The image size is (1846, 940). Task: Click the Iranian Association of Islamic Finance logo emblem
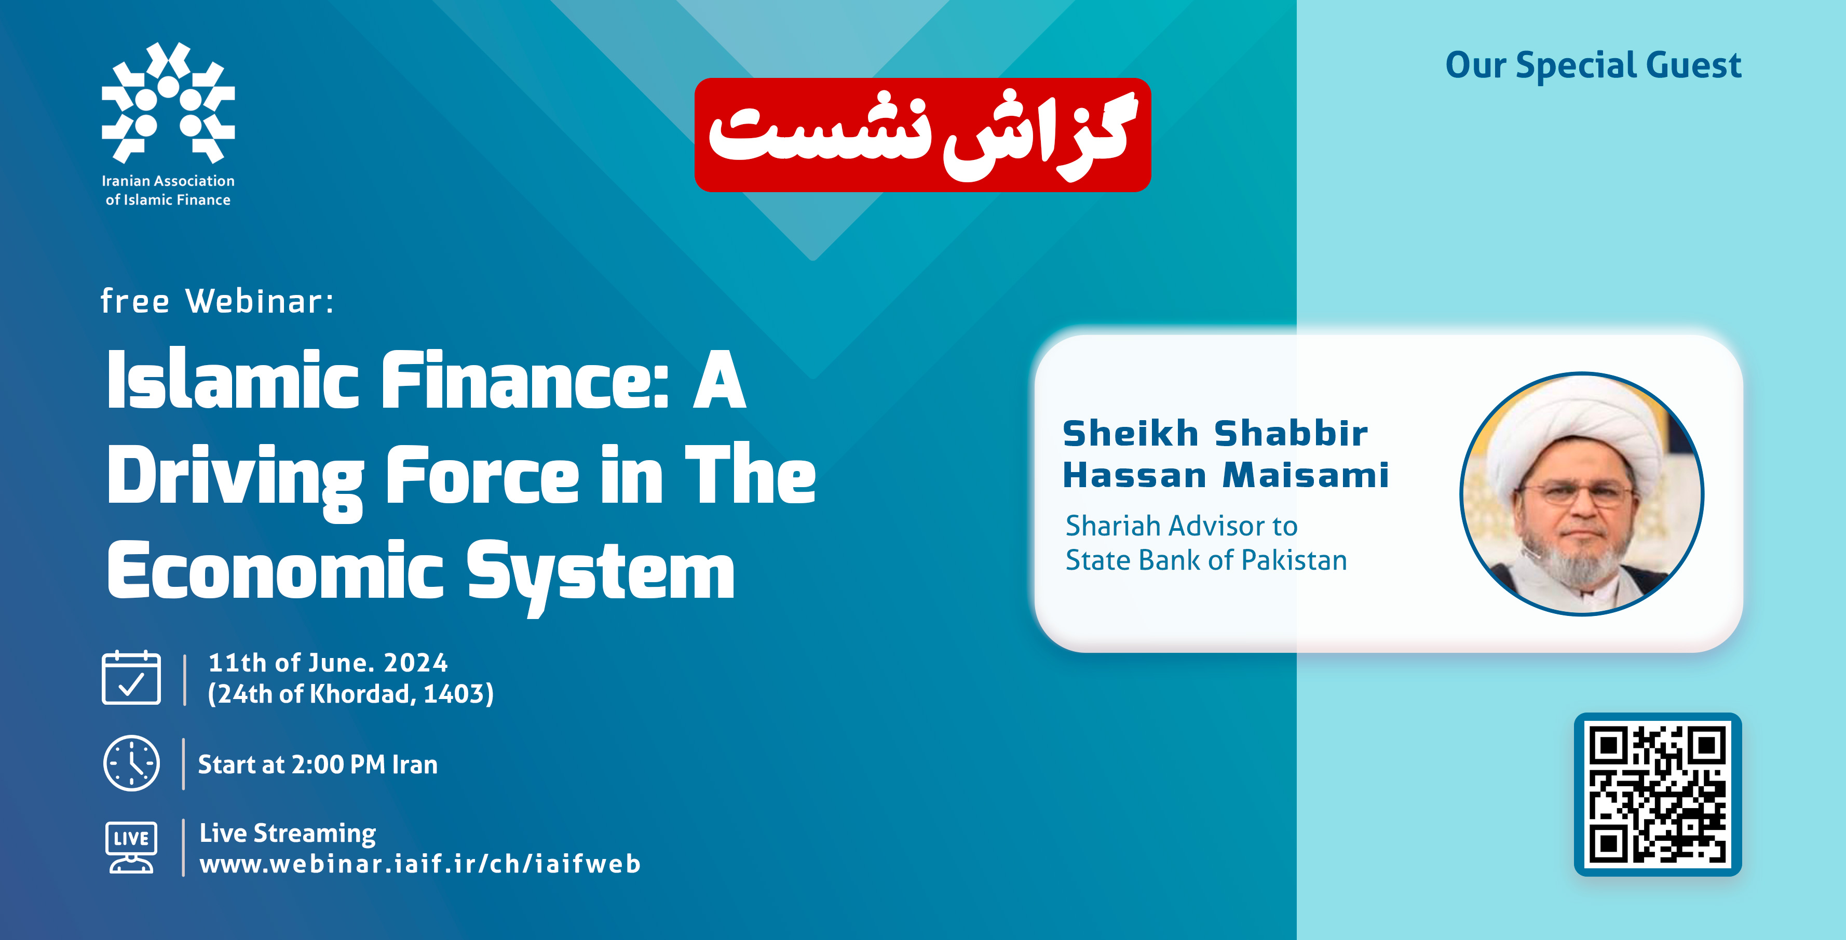point(168,102)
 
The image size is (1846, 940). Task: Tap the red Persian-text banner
point(922,135)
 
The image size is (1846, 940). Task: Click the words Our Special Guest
point(1593,66)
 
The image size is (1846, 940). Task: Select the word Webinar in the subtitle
point(260,301)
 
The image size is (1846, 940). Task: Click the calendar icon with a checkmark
point(131,678)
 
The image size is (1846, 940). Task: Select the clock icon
point(132,763)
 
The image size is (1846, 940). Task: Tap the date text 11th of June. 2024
point(328,663)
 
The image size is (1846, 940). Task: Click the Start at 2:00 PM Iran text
point(318,764)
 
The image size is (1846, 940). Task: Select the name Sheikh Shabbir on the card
point(1215,434)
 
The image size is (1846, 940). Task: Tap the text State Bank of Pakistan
point(1206,560)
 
